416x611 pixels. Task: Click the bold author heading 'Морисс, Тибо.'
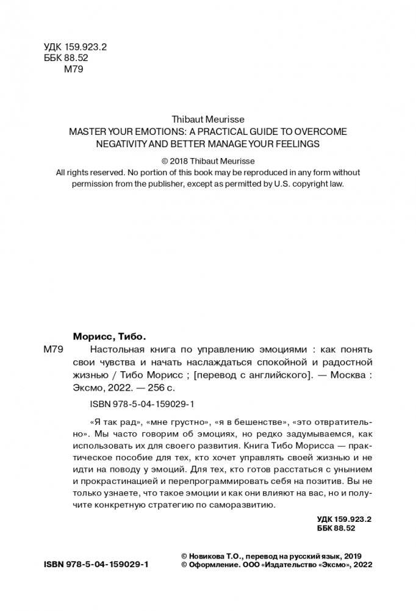point(110,336)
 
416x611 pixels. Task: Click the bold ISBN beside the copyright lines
point(96,565)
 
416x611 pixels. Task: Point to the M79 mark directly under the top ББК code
point(74,69)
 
